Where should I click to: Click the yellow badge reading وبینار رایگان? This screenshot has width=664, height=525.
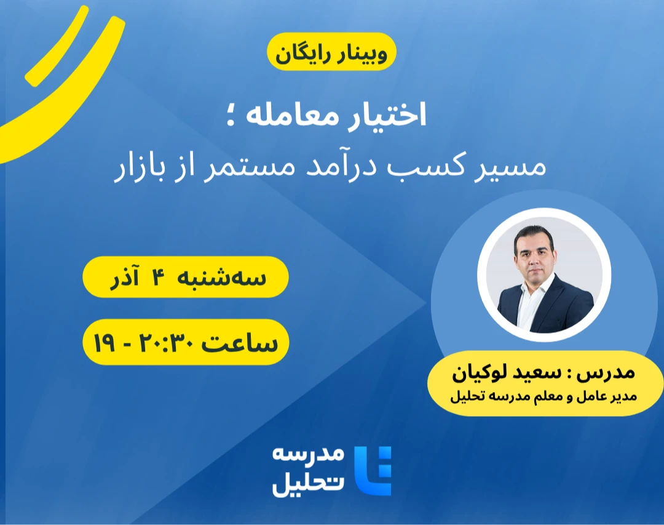[331, 54]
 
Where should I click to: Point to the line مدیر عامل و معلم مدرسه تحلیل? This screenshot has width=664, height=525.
[543, 396]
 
